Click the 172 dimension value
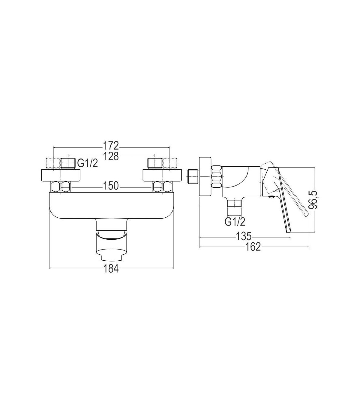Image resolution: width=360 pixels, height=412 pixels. pyautogui.click(x=111, y=145)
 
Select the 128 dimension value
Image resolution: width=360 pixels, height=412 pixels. pyautogui.click(x=111, y=156)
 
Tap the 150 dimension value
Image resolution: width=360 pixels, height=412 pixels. pyautogui.click(x=111, y=186)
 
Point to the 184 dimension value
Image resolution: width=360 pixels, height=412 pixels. pyautogui.click(x=111, y=269)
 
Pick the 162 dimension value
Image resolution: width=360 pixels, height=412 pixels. pyautogui.click(x=253, y=247)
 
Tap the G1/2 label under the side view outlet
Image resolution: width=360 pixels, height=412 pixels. pyautogui.click(x=235, y=222)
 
